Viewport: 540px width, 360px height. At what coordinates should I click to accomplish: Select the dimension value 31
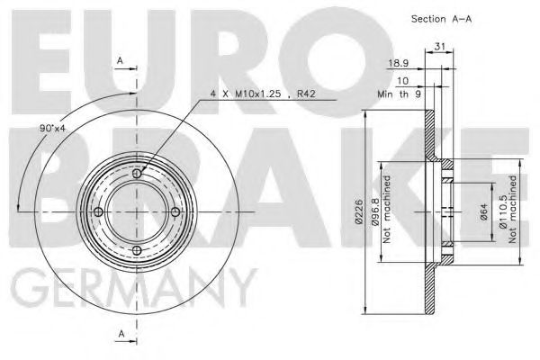point(440,49)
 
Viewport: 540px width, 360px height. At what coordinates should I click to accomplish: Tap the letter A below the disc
point(121,336)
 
